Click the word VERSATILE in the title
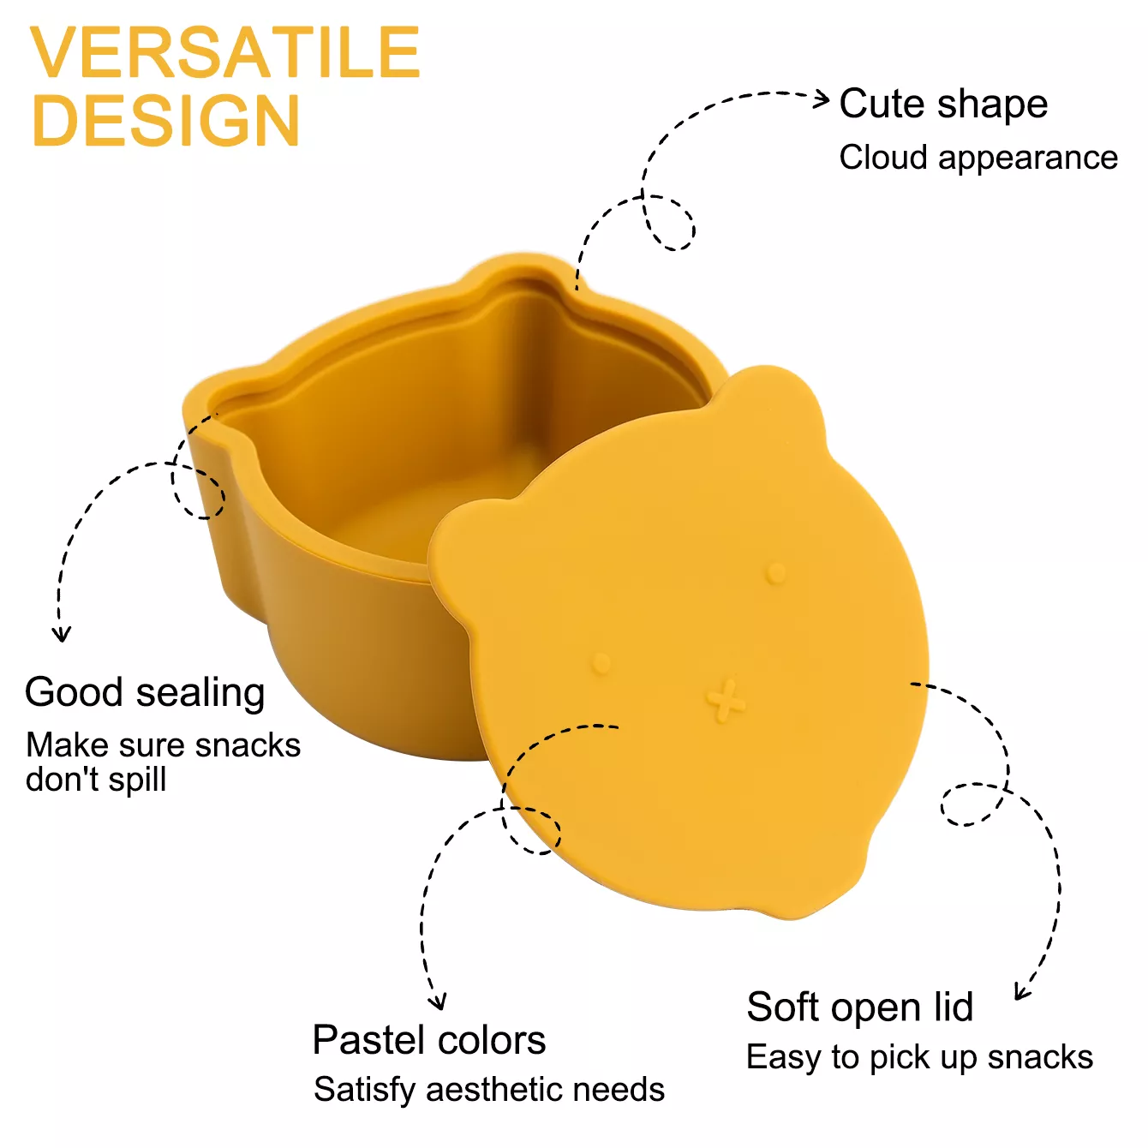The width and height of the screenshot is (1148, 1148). coord(225,53)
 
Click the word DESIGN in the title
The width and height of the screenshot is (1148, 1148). coord(166,121)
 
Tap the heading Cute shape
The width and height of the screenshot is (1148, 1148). coord(943,105)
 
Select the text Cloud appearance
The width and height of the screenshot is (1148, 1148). coord(978,158)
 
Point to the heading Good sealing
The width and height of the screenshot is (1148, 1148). coord(145,692)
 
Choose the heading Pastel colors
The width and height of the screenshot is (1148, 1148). coord(429,1041)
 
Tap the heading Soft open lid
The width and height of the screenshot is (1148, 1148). coord(860,1007)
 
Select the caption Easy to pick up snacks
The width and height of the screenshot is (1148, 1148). coord(919,1057)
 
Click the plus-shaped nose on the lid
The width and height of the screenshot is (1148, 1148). coord(726,701)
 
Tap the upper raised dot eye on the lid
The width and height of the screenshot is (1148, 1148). coord(776,572)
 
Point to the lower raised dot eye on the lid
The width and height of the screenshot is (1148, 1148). coord(601,663)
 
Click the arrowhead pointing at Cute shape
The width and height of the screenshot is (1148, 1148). coord(822,99)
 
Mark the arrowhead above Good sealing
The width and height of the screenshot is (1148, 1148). coord(61,635)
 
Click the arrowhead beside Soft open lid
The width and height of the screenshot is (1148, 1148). coord(1021,992)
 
